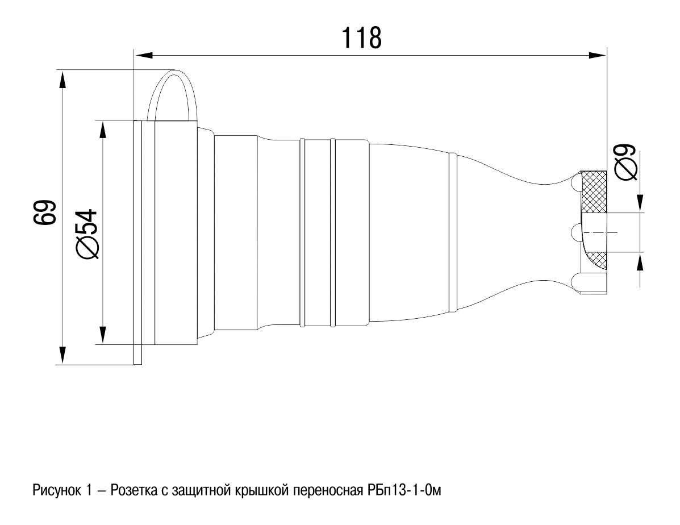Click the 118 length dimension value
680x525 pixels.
(x=362, y=37)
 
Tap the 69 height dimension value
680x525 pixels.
(x=45, y=212)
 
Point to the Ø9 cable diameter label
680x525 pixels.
(x=626, y=161)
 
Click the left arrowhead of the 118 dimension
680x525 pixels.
(x=144, y=55)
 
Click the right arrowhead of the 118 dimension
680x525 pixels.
(x=597, y=55)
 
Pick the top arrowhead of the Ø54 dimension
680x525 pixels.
(x=102, y=130)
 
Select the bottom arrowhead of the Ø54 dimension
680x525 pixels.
(x=102, y=335)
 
